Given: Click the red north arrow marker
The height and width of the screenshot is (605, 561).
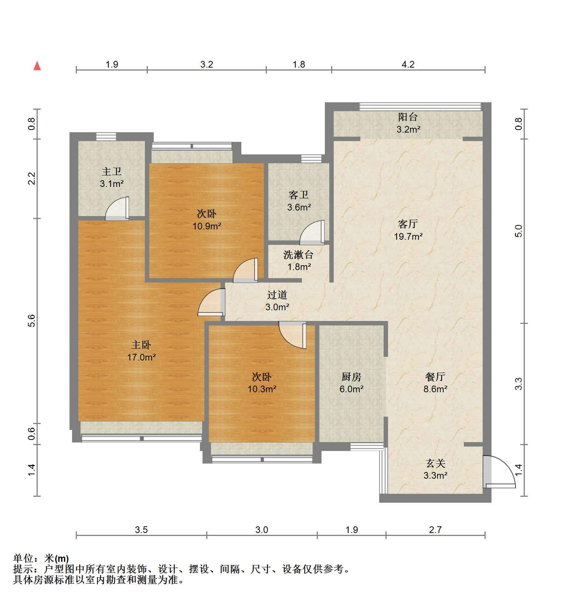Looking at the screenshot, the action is pos(37,66).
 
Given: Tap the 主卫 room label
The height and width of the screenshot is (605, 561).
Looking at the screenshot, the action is pos(112,171).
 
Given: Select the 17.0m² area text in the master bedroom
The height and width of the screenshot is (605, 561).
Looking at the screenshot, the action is pos(142,357).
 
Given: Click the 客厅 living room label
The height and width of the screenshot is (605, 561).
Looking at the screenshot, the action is pos(408,224).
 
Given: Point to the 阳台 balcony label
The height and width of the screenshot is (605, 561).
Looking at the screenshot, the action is pos(408,117).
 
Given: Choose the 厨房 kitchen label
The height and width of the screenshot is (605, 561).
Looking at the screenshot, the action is pos(351,377).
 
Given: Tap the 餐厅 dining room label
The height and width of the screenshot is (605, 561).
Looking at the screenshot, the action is pos(435,377).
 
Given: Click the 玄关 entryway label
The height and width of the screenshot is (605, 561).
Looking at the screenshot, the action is pos(435,463).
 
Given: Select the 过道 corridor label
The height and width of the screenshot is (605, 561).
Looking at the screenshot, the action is pos(277,295).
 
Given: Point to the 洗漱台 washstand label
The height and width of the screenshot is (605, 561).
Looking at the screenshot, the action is pos(299,254).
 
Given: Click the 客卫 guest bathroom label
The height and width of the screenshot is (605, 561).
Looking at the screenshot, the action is pos(299,195).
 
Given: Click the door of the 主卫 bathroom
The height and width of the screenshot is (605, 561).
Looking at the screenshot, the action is pos(117,209).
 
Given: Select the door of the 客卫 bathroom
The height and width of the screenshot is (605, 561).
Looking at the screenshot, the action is pos(312,233).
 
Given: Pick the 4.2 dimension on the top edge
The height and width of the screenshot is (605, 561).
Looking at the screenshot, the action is pos(408,64).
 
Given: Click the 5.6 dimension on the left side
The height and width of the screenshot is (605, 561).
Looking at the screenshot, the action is pos(31,320).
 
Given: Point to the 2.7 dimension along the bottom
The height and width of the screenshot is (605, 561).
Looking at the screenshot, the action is pos(435,530).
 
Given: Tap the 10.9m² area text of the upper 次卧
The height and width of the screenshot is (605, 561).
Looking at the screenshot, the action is pos(207,226).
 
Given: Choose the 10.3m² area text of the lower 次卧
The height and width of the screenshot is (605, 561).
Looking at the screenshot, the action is pos(262,389).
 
